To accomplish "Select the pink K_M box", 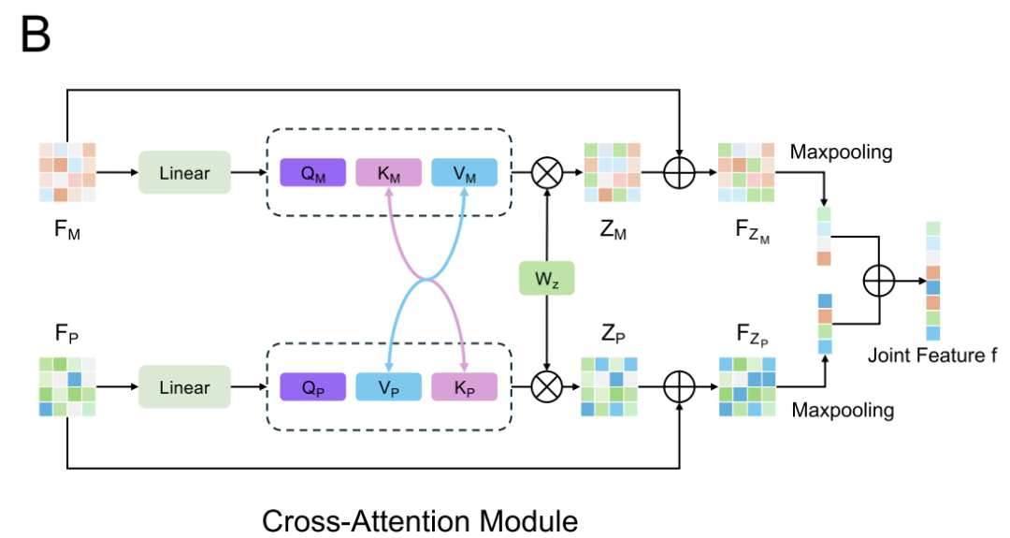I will coord(388,173).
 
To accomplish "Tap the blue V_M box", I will coord(464,173).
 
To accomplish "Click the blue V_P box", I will coord(388,386).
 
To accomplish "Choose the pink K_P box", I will coord(464,386).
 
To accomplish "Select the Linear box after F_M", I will coord(184,173).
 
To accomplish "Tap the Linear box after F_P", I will coord(184,386).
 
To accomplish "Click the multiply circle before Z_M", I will coord(545,173).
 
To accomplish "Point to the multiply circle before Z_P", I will coord(545,386).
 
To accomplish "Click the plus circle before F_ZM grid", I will coord(680,173).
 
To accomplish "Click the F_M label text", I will coord(66,228).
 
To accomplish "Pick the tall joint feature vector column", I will coord(933,281).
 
